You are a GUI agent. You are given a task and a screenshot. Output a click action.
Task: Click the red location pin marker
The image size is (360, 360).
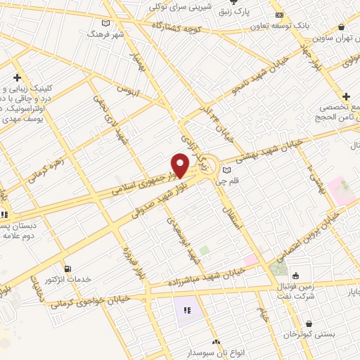click(x=181, y=165)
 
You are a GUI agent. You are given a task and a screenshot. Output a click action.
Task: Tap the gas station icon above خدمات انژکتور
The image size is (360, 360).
click(x=68, y=269)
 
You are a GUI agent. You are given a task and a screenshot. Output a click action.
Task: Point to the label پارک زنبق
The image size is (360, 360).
click(x=252, y=11)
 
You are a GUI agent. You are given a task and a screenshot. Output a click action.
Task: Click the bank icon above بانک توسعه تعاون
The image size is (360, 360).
click(x=280, y=15)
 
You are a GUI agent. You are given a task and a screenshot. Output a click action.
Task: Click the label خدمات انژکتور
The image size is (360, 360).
click(x=69, y=280)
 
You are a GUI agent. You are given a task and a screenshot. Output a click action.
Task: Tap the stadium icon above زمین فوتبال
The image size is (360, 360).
click(x=296, y=275)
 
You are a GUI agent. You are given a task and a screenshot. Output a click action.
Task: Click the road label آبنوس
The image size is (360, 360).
click(x=127, y=91)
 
